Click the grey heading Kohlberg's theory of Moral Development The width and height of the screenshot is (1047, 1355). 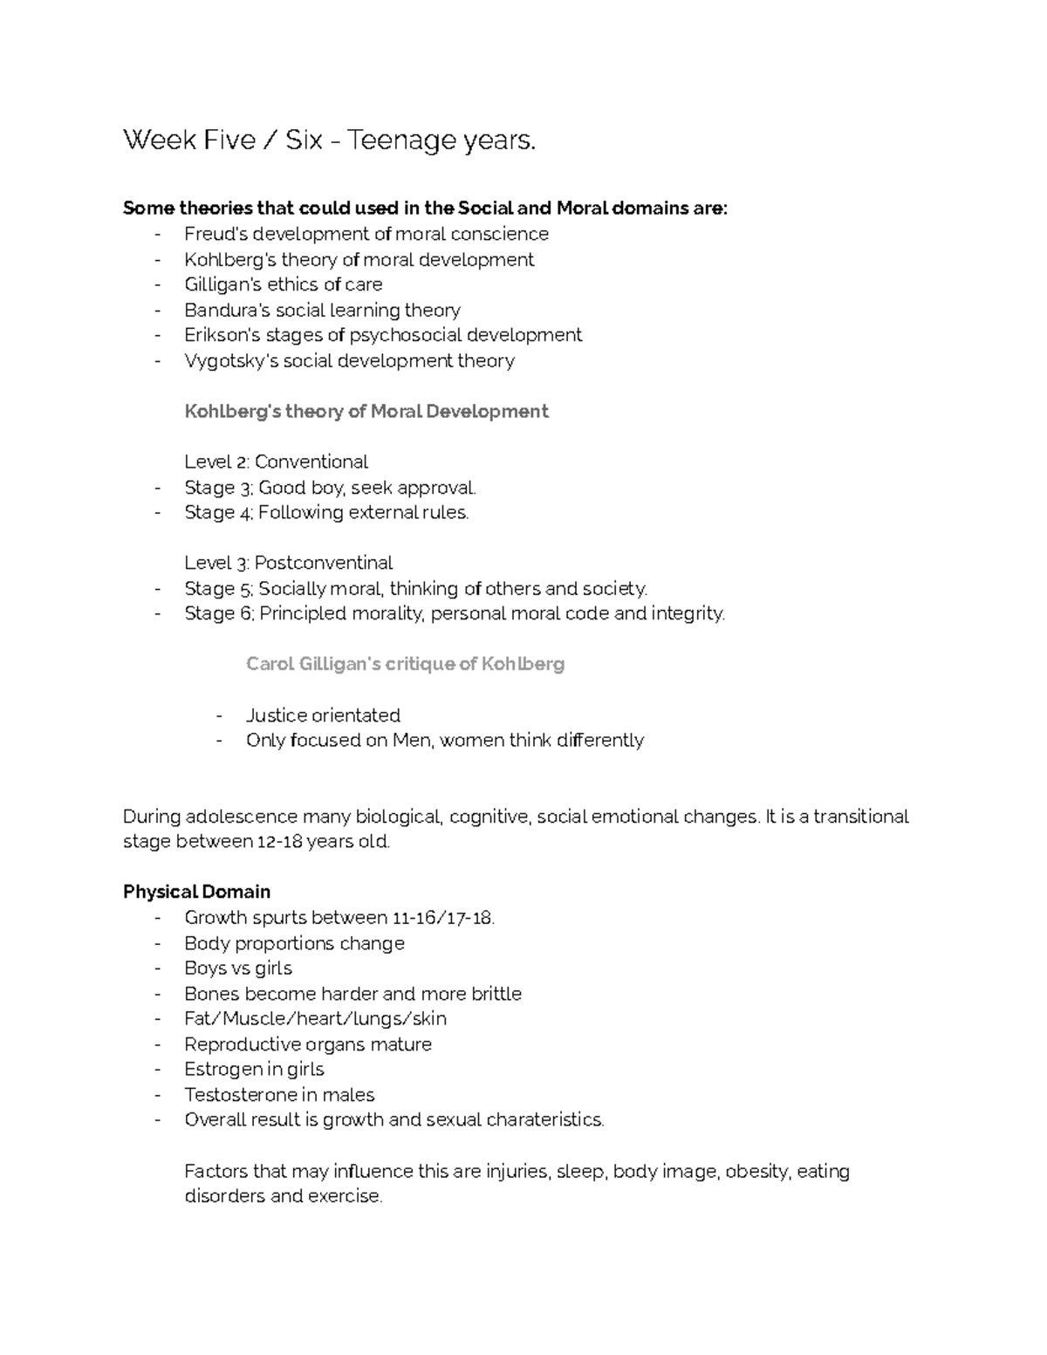tap(366, 411)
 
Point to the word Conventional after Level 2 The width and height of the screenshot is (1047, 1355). tap(311, 462)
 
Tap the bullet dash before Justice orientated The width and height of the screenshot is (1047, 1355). tap(220, 715)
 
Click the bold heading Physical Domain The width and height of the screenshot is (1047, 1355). tap(196, 892)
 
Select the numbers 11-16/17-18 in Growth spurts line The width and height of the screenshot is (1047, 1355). tap(443, 918)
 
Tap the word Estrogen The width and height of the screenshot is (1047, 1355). tap(222, 1070)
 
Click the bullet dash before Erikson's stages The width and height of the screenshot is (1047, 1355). tap(158, 335)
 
